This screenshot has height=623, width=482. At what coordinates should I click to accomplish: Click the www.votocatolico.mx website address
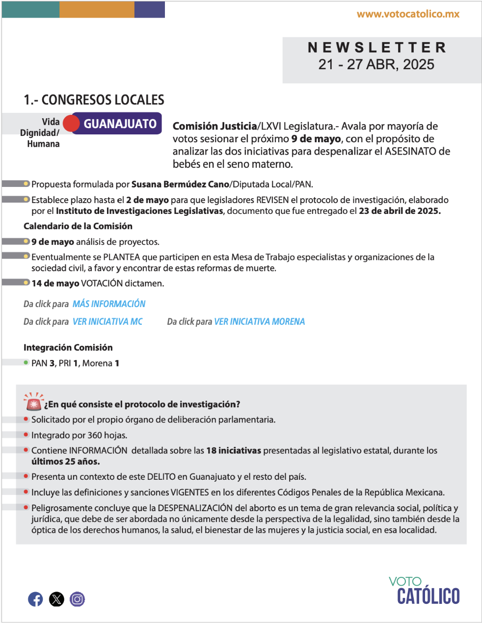408,14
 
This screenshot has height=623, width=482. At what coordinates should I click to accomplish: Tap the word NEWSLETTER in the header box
377,48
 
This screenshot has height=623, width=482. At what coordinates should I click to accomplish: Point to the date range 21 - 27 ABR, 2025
376,65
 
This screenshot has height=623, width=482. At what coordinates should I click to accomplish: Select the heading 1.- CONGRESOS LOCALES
94,100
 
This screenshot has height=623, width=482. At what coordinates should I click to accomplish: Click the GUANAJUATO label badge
120,124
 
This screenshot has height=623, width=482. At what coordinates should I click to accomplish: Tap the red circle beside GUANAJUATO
72,124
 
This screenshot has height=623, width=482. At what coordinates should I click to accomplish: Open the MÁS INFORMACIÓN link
109,304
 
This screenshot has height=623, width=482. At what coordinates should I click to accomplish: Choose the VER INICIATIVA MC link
107,322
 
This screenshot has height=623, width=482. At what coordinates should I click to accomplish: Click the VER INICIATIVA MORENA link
259,322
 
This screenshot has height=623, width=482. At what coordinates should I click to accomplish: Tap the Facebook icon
35,599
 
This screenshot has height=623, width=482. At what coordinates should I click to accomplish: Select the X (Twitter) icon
56,599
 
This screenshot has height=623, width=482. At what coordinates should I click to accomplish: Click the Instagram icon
77,599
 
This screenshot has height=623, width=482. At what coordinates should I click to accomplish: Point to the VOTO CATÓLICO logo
425,591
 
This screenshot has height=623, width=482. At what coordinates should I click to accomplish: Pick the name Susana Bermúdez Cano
180,184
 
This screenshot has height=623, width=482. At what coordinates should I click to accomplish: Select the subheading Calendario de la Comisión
78,226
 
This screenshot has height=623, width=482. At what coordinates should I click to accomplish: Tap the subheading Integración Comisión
68,347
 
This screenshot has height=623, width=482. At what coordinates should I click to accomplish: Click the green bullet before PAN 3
26,363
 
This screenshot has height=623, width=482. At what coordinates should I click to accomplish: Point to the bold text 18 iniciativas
234,450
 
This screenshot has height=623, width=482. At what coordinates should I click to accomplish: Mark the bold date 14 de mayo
55,283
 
